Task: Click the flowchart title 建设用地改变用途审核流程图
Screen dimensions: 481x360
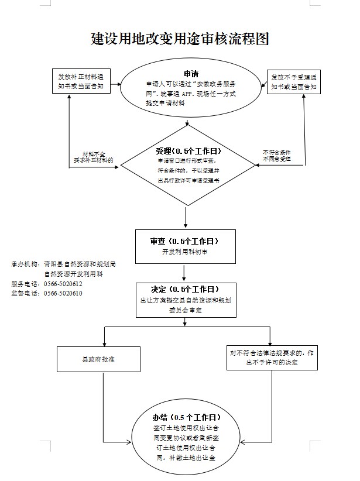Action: [x=180, y=39]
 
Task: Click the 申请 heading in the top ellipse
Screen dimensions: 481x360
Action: [x=191, y=74]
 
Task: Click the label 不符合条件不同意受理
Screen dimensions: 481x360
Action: [x=277, y=156]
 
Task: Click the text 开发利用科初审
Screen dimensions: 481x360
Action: [x=185, y=252]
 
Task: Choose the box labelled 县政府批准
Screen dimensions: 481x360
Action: [x=98, y=359]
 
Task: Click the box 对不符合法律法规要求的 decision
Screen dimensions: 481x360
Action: [x=272, y=358]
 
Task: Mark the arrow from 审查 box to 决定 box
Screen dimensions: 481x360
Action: [x=185, y=272]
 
